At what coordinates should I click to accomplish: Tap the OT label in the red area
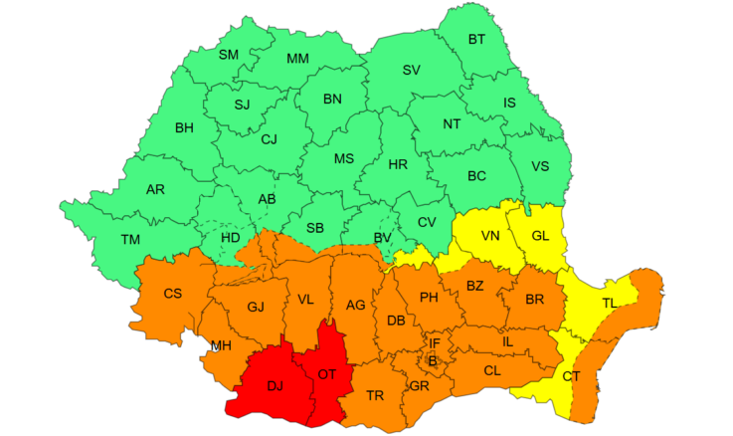327,374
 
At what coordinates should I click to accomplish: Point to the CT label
571,376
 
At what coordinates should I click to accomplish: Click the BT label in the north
476,40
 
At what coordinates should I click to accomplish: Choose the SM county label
229,55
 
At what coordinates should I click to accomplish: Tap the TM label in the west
130,239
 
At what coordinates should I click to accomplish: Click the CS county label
172,294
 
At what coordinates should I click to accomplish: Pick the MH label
222,346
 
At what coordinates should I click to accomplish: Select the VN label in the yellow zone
490,236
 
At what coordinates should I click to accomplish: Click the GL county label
540,236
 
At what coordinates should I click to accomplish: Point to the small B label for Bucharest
433,359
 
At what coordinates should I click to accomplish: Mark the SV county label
411,70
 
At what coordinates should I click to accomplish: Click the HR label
398,164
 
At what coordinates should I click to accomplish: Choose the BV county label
382,237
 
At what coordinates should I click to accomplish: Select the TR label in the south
375,395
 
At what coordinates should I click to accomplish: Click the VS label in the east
541,166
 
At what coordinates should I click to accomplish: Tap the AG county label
355,306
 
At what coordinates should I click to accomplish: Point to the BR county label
534,300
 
